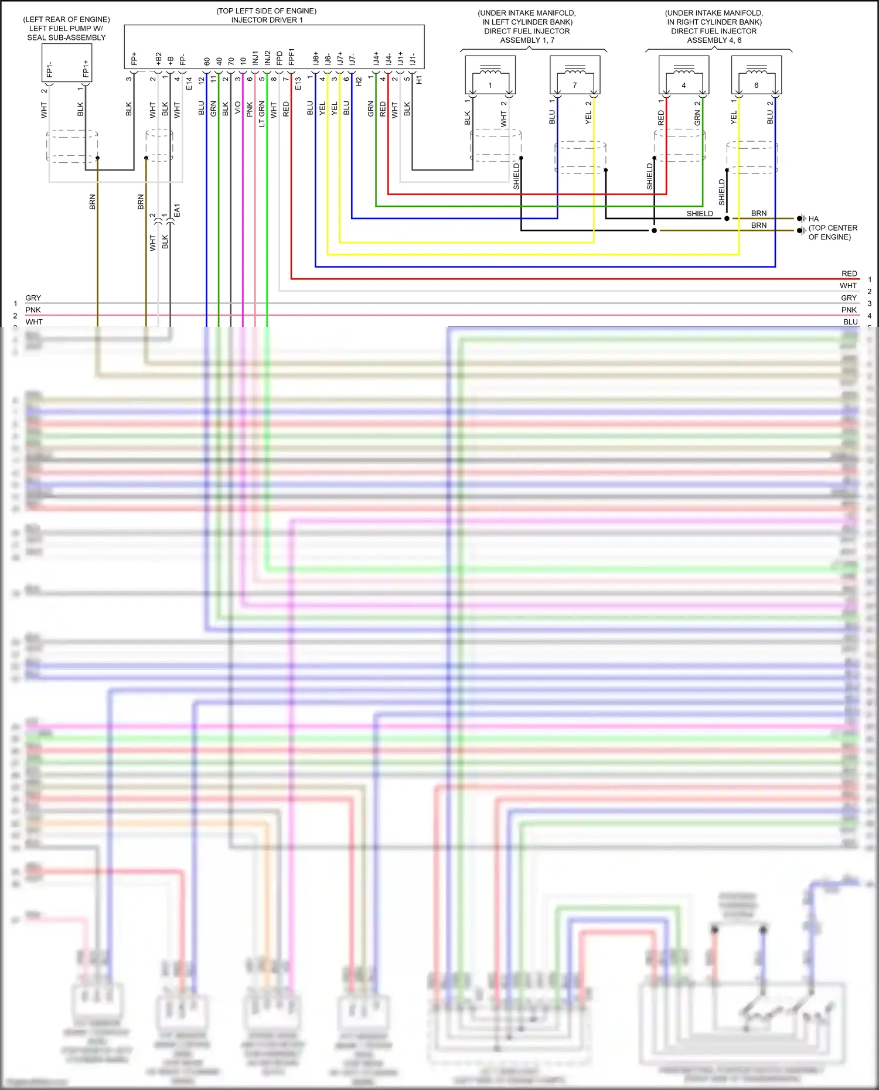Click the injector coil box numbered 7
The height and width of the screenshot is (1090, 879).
(575, 75)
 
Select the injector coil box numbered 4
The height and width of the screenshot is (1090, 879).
(683, 75)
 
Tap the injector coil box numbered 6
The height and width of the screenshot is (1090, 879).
(757, 75)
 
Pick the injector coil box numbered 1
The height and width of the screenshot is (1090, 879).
(490, 75)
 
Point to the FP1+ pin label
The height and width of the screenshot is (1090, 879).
(86, 68)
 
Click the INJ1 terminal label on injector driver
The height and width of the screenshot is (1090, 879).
(255, 57)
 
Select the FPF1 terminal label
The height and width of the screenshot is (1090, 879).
(291, 57)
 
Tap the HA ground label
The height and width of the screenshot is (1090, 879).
(813, 218)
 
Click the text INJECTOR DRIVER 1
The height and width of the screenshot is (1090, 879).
(267, 20)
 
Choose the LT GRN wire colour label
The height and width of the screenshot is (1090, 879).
(262, 114)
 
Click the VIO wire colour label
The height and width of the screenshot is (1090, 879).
(238, 108)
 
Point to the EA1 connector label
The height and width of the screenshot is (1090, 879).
(177, 211)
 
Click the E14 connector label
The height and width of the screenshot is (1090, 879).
(189, 83)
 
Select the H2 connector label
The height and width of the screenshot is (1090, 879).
(359, 82)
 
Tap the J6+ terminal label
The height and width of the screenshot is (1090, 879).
(316, 58)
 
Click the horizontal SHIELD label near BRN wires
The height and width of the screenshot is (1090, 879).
(700, 214)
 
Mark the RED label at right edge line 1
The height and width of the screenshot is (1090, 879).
(849, 274)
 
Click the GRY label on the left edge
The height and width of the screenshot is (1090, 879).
(33, 298)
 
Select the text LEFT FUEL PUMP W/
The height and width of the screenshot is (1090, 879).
(66, 28)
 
